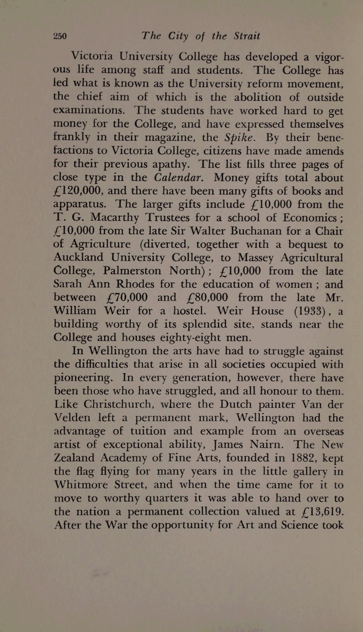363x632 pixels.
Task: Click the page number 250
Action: pyautogui.click(x=60, y=36)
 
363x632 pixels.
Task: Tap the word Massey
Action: pyautogui.click(x=255, y=258)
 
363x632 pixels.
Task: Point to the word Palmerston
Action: pyautogui.click(x=132, y=271)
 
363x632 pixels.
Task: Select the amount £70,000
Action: pyautogui.click(x=127, y=297)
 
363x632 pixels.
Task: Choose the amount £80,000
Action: pyautogui.click(x=208, y=297)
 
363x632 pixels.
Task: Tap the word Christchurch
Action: pyautogui.click(x=117, y=404)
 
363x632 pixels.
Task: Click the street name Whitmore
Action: pyautogui.click(x=81, y=485)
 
